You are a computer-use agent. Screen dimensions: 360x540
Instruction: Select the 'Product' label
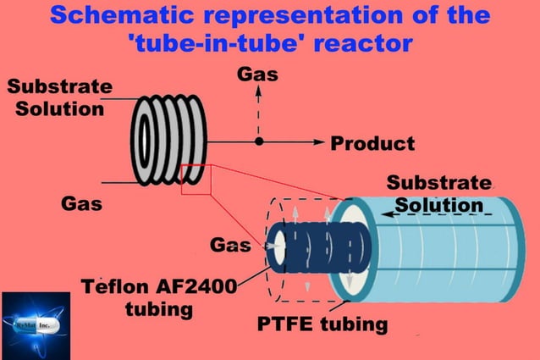(x=372, y=142)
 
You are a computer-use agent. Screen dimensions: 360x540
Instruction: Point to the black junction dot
(x=260, y=141)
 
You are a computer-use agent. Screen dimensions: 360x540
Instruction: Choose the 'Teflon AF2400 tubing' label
(x=158, y=296)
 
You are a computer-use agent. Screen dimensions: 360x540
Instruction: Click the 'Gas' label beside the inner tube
(x=230, y=246)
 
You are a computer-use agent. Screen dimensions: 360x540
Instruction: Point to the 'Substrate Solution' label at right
(x=438, y=194)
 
